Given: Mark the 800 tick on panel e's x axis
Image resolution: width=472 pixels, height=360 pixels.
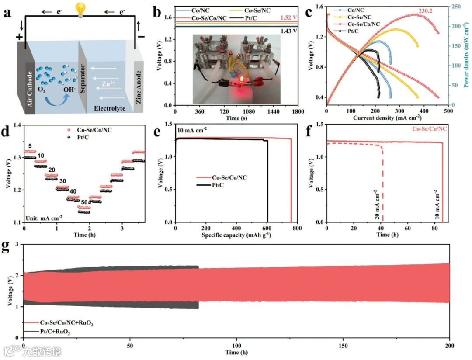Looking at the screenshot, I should click(297, 228).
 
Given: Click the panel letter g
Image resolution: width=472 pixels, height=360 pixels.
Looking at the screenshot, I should click(6, 246).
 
